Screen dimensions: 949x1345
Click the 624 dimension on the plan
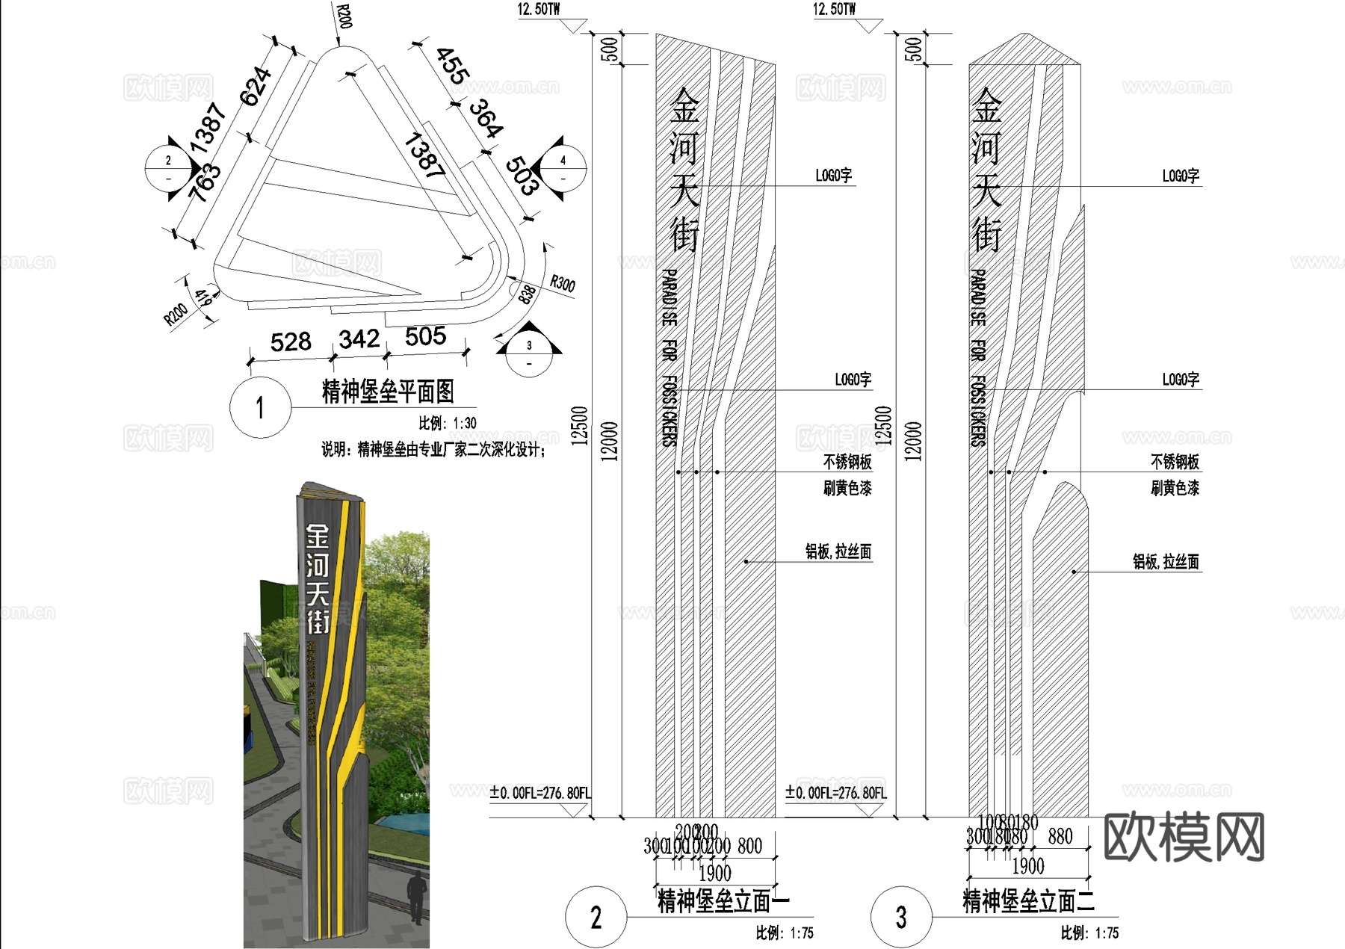point(255,86)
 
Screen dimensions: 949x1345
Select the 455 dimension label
point(452,66)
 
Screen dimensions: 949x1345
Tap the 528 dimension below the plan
point(291,342)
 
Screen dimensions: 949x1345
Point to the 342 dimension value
point(359,339)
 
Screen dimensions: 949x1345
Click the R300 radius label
point(562,284)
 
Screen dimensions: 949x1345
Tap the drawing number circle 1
point(259,408)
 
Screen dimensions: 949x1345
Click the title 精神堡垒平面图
point(387,391)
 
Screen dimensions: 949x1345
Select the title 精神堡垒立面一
point(723,900)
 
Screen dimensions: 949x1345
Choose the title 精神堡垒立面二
point(1028,900)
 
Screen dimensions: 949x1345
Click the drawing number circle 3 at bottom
point(901,917)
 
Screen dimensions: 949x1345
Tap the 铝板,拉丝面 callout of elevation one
point(838,551)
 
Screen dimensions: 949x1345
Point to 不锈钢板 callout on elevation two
point(1174,461)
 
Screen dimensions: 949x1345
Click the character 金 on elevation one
point(684,105)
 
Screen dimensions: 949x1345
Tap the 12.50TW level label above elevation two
point(834,10)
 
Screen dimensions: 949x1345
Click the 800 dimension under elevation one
point(749,845)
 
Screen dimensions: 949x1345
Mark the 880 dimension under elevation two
point(1060,836)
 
